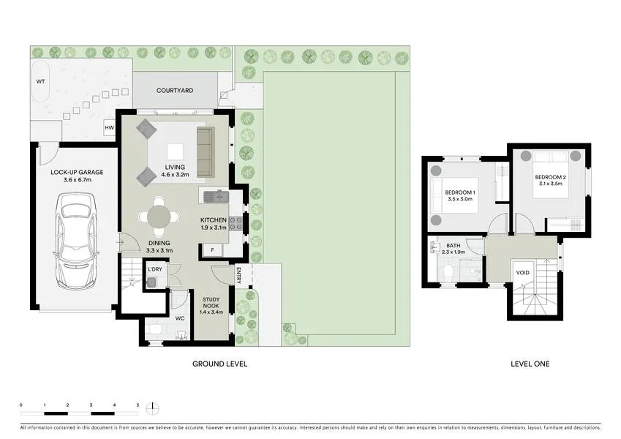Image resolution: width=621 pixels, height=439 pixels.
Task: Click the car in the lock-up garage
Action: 77,241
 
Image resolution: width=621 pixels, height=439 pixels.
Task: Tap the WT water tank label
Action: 40,81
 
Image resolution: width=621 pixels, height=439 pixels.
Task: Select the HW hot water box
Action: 110,128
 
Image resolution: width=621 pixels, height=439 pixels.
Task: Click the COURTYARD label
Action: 175,90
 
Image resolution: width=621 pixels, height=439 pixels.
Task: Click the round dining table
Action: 161,217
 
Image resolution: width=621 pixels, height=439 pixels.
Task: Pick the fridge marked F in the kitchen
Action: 212,250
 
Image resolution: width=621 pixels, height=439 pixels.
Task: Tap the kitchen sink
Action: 216,196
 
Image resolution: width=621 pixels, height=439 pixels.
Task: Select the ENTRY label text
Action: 239,275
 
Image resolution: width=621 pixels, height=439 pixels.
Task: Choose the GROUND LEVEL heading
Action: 219,364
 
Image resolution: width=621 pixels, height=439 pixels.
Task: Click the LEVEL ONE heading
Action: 530,364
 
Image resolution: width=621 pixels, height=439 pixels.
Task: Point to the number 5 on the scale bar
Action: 137,405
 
